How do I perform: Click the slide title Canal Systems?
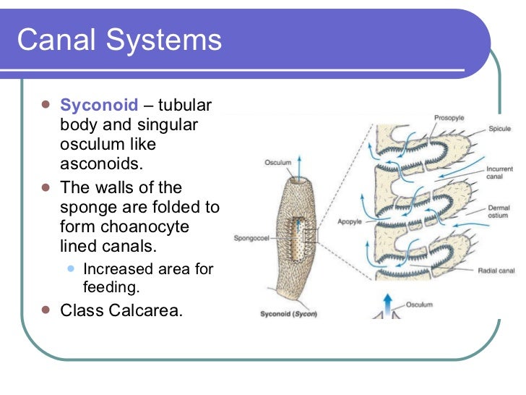click(119, 40)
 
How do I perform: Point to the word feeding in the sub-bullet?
click(110, 286)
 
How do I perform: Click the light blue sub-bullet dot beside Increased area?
click(71, 268)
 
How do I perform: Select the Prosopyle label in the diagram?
click(449, 117)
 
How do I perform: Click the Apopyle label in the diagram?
click(350, 222)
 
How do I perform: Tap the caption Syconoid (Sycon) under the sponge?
click(288, 314)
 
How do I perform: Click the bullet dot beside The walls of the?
click(46, 187)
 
